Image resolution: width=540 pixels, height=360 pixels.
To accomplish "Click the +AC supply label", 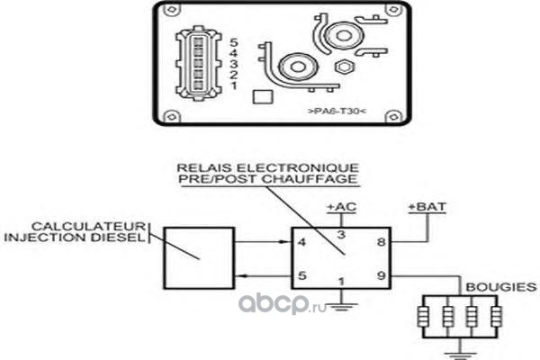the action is point(341,207).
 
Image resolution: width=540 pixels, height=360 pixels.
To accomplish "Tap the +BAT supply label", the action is point(427,207).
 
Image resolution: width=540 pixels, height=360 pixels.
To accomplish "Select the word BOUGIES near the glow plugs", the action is point(501,287).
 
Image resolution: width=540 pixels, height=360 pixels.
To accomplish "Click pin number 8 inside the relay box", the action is point(381,242).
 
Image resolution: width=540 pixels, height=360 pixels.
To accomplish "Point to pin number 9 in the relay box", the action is point(382,275).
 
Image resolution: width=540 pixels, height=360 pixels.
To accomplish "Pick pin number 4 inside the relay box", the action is point(301,242).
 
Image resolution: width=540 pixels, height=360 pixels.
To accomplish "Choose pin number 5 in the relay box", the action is point(302,275).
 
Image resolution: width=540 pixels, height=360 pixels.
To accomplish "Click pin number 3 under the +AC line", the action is point(341,235).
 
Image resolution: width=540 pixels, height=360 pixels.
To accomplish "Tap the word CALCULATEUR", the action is point(88,226).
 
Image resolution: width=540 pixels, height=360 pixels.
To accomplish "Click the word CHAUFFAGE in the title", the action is point(310,179).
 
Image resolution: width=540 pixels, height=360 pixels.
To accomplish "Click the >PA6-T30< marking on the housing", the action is point(337,111).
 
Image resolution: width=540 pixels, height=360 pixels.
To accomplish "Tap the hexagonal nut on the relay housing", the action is point(344,67).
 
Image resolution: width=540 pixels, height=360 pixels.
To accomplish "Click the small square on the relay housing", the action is point(263,97).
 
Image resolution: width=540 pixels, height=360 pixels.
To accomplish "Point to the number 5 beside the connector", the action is point(234,42).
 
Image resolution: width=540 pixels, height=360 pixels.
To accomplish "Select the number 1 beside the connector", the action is point(234,85).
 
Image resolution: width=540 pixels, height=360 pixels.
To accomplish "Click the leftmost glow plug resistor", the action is point(423,317).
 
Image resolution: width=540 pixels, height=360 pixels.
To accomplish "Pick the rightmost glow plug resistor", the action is point(496,317).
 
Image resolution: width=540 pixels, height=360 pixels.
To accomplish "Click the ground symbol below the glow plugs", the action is point(461,355).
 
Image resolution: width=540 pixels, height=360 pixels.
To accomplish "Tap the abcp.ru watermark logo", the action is point(283,304).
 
